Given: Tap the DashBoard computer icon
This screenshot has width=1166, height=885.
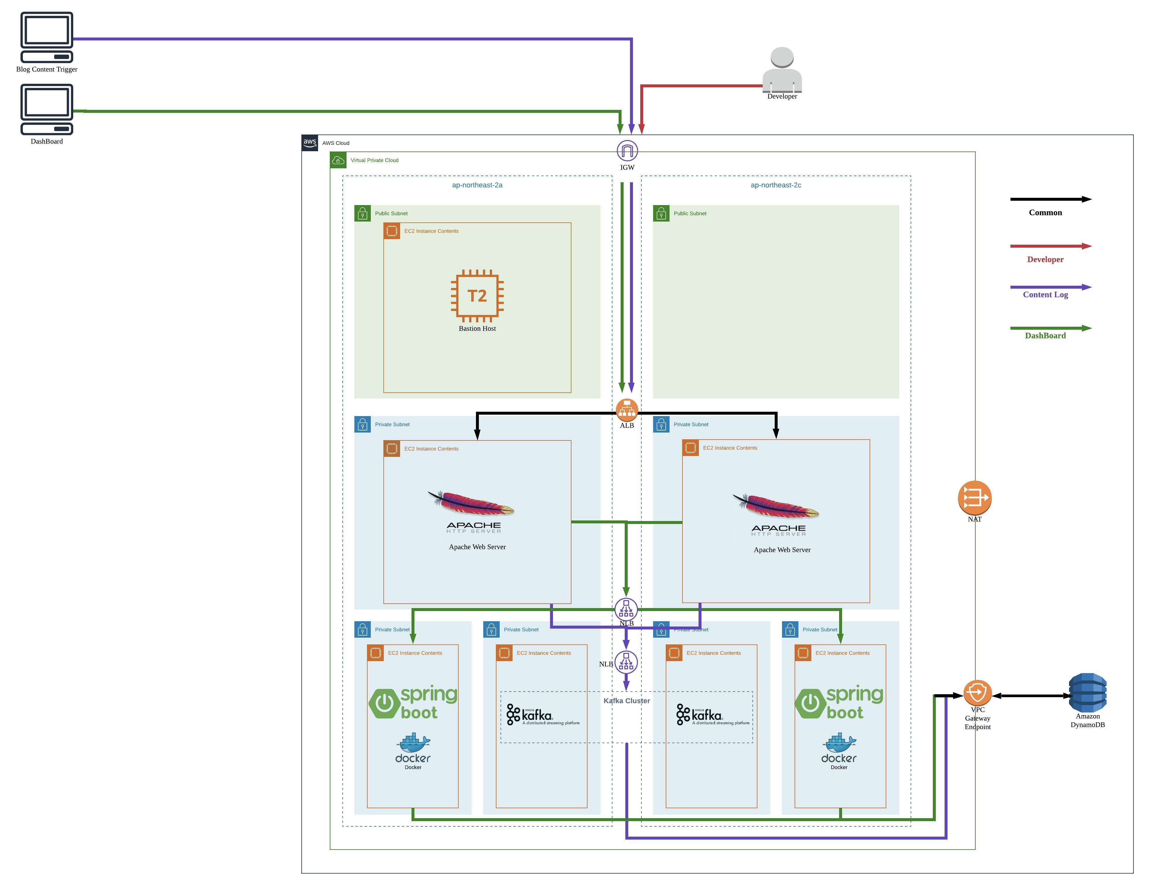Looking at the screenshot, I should point(47,109).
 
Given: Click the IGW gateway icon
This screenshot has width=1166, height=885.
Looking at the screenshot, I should point(627,151).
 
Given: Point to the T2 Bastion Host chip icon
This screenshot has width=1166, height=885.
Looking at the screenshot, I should point(477,296).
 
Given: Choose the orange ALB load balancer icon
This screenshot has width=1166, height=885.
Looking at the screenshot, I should point(627,410).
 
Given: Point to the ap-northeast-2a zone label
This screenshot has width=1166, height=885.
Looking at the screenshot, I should point(477,185).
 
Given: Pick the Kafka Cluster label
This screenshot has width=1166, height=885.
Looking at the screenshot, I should point(627,701).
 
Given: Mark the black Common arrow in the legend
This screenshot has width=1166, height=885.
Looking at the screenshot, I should point(1051,199).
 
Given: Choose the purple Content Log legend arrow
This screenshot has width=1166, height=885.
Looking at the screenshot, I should point(1051,287).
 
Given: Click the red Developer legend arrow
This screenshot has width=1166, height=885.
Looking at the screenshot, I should point(1051,246).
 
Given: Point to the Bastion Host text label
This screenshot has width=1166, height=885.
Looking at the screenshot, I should point(477,329).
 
